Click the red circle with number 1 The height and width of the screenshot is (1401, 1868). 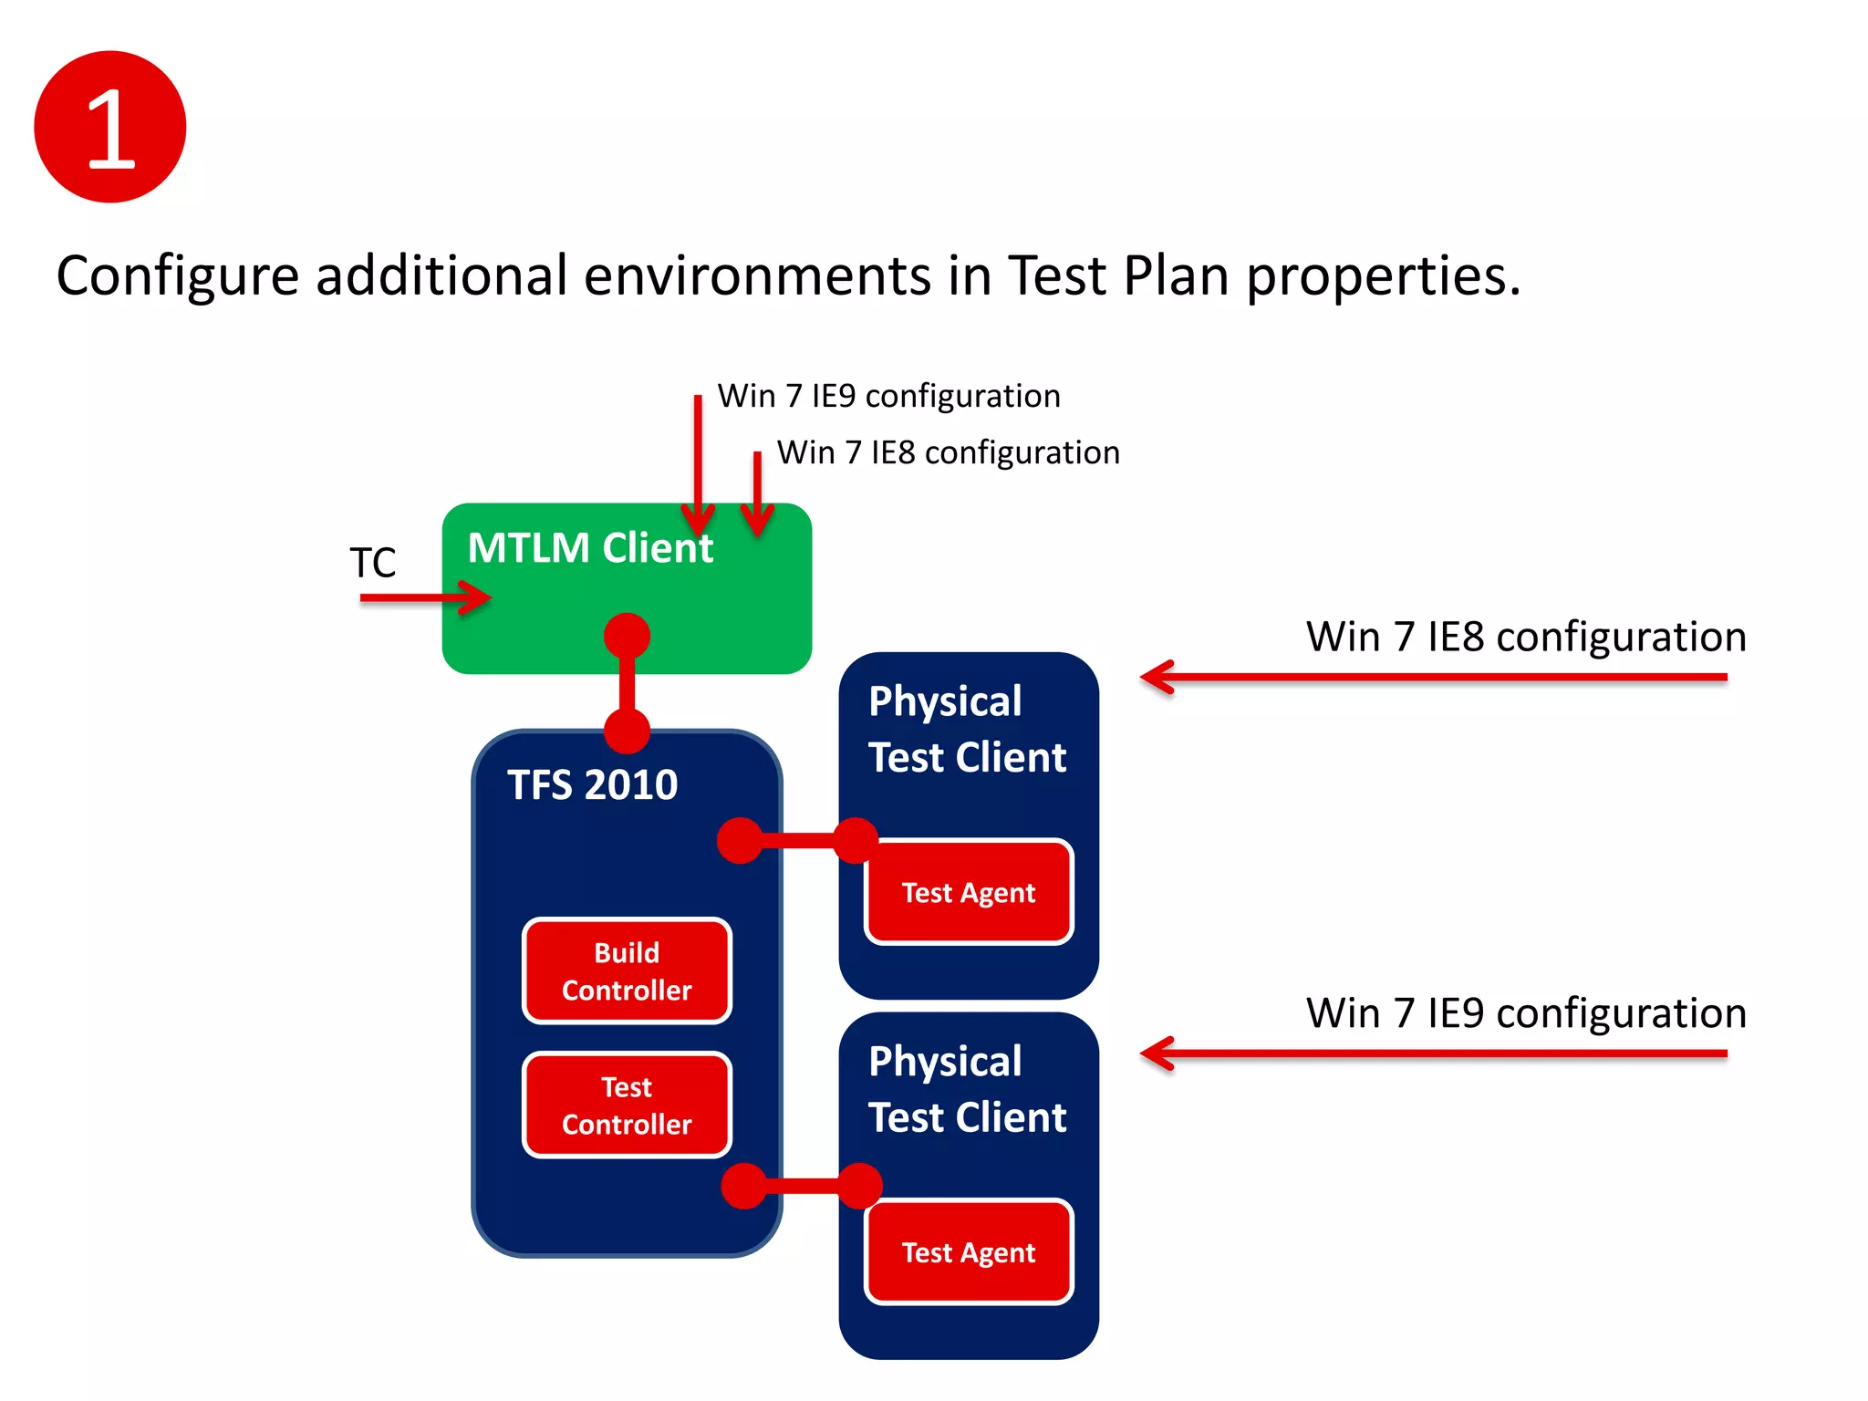pyautogui.click(x=110, y=127)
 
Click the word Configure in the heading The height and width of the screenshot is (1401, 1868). pyautogui.click(x=178, y=276)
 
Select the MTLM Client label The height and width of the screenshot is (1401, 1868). pyautogui.click(x=590, y=548)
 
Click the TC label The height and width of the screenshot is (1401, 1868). pyautogui.click(x=373, y=563)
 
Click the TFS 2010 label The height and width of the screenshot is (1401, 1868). pyautogui.click(x=593, y=785)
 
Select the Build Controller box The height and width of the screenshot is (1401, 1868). pyautogui.click(x=627, y=971)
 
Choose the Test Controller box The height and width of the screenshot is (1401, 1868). pyautogui.click(x=627, y=1105)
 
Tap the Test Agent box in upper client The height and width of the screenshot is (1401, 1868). pyautogui.click(x=969, y=892)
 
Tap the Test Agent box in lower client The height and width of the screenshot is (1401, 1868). pyautogui.click(x=969, y=1252)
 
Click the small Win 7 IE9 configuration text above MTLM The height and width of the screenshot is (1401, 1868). pyautogui.click(x=888, y=397)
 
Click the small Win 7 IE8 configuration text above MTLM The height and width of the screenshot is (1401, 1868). pyautogui.click(x=949, y=453)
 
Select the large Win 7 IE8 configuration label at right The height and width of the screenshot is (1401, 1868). pyautogui.click(x=1526, y=637)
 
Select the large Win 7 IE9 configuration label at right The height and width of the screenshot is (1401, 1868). pyautogui.click(x=1526, y=1013)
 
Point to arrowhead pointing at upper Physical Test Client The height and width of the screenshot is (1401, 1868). pyautogui.click(x=1151, y=678)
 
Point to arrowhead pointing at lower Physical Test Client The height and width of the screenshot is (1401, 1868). pyautogui.click(x=1151, y=1054)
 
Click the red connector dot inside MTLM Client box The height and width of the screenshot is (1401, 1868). pyautogui.click(x=627, y=636)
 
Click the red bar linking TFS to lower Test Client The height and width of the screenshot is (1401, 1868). pyautogui.click(x=802, y=1186)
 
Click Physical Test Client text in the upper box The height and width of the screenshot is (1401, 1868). pyautogui.click(x=967, y=730)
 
